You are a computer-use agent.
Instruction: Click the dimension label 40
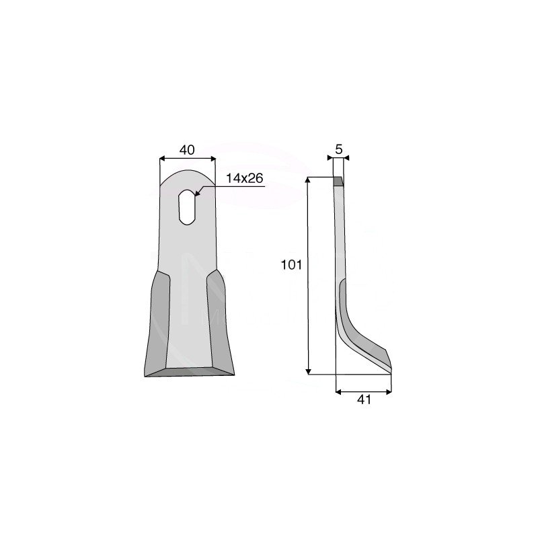(x=187, y=150)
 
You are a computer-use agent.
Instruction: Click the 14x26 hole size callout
(x=244, y=178)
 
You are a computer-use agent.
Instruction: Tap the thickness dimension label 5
(x=338, y=149)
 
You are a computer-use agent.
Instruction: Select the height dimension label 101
(x=291, y=265)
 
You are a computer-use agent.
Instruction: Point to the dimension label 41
(x=364, y=399)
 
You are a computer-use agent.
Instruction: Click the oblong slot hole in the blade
(x=187, y=207)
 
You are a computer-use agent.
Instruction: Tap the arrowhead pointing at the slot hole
(x=197, y=194)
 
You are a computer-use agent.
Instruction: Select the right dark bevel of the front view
(x=221, y=322)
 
